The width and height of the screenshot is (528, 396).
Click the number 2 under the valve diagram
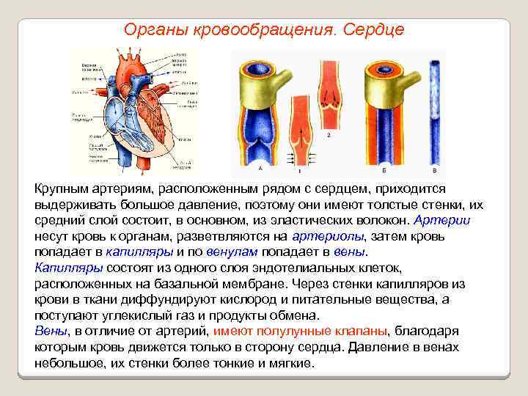coord(328,136)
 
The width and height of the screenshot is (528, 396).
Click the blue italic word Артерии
coord(442,220)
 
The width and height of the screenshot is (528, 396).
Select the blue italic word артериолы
coord(327,236)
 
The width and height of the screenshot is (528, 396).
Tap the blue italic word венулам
coord(232,252)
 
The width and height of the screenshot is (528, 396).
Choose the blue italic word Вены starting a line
coord(51,331)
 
